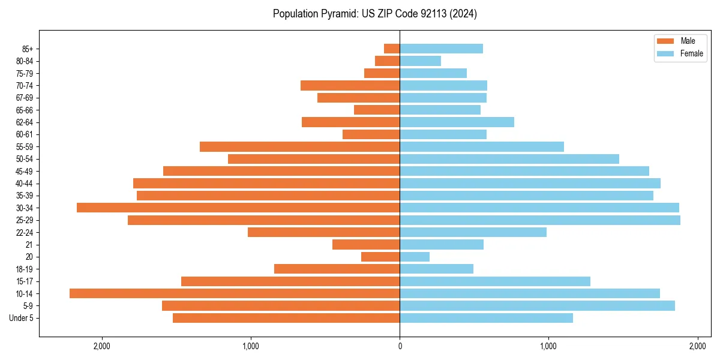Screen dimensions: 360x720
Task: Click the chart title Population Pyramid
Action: (374, 14)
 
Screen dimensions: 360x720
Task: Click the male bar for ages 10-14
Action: (235, 293)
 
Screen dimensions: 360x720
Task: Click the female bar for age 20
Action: (415, 257)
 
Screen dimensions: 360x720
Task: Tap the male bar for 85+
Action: (392, 49)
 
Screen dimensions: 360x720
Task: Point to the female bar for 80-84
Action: (420, 61)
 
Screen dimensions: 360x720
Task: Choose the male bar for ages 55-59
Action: (299, 146)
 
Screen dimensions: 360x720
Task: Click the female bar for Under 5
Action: (486, 318)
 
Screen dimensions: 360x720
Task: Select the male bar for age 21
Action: (366, 245)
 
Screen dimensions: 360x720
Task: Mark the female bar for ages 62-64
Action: (457, 122)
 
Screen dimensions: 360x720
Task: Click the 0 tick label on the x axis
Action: (400, 346)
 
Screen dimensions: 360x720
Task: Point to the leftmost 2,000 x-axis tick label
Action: (102, 346)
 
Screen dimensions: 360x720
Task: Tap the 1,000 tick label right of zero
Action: (548, 346)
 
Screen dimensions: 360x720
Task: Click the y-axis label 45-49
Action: (25, 171)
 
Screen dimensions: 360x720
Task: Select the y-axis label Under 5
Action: (22, 318)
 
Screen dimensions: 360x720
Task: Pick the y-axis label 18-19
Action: (25, 269)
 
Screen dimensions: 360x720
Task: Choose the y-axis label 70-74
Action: (25, 86)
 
